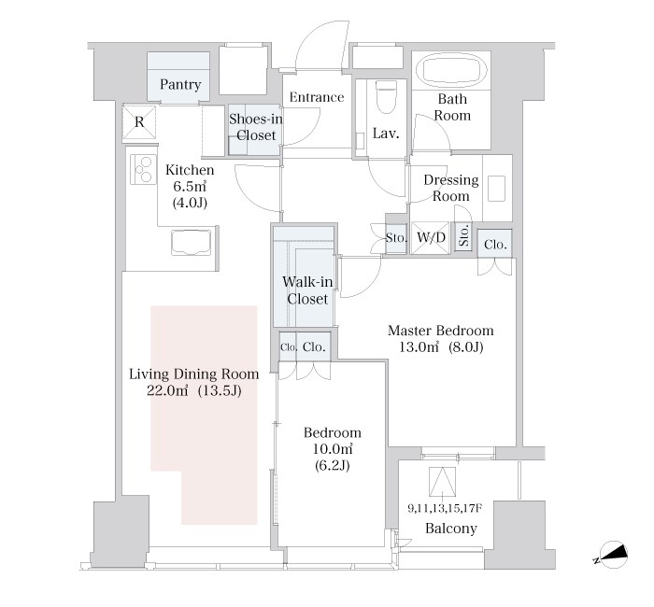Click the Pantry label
point(180,85)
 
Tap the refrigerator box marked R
point(139,122)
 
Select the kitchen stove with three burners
point(143,169)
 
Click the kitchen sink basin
point(191,242)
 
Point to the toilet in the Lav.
point(386,97)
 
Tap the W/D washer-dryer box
point(431,237)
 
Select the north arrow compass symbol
point(611,556)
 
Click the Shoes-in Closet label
point(256,127)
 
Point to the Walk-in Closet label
point(307,290)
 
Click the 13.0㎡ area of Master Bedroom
point(419,346)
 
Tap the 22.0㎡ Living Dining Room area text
point(167,390)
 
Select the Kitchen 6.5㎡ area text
point(190,186)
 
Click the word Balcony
point(451,529)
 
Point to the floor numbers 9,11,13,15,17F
point(445,509)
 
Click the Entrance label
point(317,97)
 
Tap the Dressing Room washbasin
point(496,189)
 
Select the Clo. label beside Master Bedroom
point(495,245)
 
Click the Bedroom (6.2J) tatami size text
point(332,465)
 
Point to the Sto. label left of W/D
point(396,238)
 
